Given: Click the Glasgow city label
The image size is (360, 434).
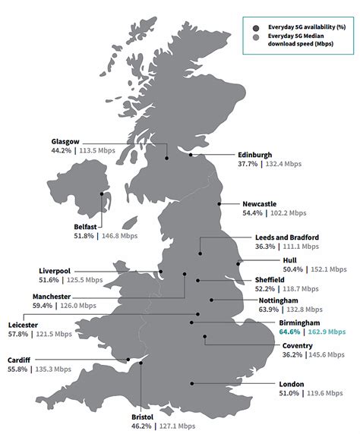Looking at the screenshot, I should [x=66, y=141].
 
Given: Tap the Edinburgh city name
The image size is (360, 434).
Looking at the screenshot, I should [x=255, y=154].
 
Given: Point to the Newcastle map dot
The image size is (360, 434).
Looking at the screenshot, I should [x=219, y=204].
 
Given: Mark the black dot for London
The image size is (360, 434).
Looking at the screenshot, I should [x=192, y=383].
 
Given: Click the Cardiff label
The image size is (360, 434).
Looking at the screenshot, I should [x=19, y=360].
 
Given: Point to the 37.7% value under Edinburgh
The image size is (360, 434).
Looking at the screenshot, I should [x=248, y=164].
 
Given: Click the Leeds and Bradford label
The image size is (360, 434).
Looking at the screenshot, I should [x=287, y=237].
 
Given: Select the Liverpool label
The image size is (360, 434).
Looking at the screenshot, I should [x=55, y=270].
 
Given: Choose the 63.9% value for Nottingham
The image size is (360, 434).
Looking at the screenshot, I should [x=270, y=310].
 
